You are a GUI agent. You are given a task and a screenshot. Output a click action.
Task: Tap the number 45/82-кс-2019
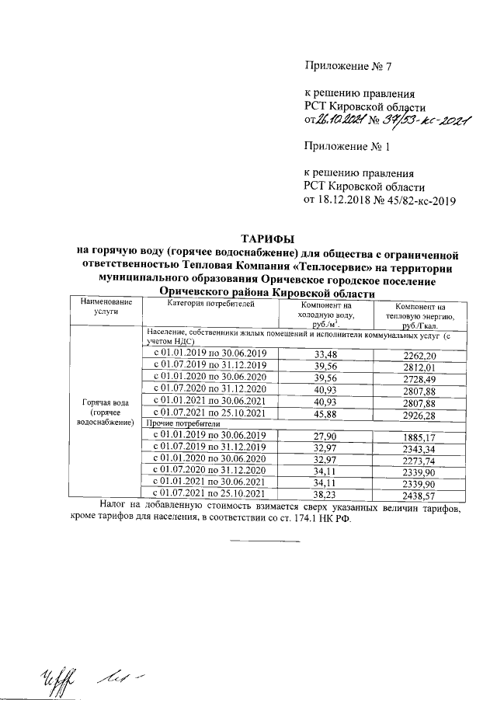coord(418,200)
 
